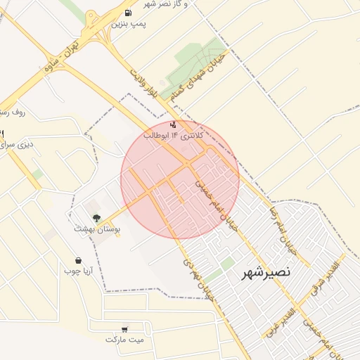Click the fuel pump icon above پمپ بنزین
click(127, 13)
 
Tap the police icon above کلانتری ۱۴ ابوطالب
click(173, 124)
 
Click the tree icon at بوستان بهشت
click(96, 219)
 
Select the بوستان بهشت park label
click(98, 229)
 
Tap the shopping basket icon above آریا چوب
click(77, 260)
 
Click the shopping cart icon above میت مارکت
click(124, 328)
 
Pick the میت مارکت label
click(124, 339)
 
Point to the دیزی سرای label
click(17, 145)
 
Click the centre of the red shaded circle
click(180, 179)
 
